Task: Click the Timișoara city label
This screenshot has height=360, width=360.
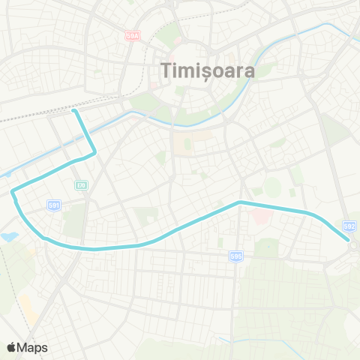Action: click(208, 70)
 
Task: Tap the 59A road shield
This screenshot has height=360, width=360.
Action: click(133, 35)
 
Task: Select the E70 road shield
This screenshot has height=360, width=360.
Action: click(81, 184)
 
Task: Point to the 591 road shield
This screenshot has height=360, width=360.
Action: click(54, 204)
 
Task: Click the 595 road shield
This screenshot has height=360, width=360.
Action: click(236, 256)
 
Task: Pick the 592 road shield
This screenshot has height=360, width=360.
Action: click(348, 225)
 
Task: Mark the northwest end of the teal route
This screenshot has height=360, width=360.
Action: click(74, 112)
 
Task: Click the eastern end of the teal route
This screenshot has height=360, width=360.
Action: click(349, 240)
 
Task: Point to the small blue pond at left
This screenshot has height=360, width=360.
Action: click(9, 237)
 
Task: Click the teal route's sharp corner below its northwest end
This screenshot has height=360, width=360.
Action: click(95, 154)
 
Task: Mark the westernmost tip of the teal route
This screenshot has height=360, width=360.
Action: click(13, 193)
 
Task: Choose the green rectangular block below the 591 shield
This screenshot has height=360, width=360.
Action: click(74, 223)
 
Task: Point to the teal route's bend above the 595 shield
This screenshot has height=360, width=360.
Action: click(239, 202)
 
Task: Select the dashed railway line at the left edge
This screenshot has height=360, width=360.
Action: click(22, 117)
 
